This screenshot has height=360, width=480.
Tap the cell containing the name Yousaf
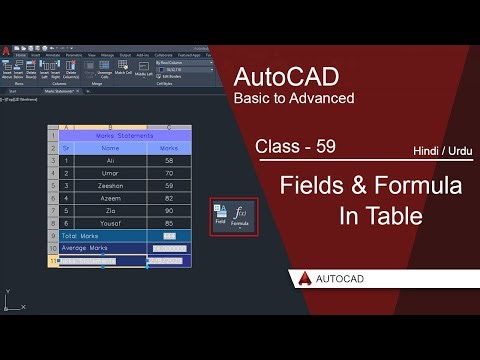tap(111, 223)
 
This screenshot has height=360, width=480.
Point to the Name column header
tap(111, 147)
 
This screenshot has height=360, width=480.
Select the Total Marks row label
tap(83, 236)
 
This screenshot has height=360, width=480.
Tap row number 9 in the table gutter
tap(52, 236)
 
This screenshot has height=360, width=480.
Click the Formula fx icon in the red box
tap(240, 215)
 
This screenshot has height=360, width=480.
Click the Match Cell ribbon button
tap(123, 73)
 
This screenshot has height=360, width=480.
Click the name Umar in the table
tap(111, 172)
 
